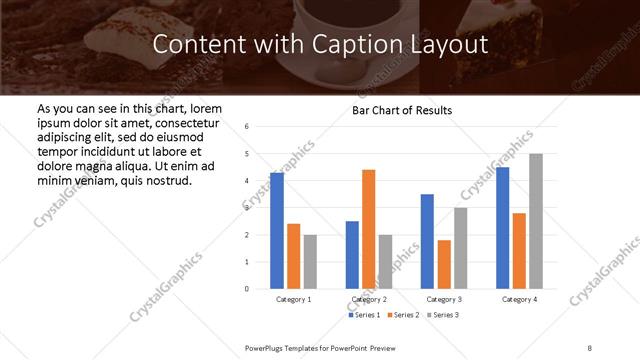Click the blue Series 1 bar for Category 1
point(277,231)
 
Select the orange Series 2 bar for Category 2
point(368,229)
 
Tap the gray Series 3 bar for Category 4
point(536,221)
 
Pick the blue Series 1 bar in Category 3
point(427,241)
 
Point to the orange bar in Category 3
point(444,264)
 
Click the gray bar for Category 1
point(310,261)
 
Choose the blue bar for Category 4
point(502,228)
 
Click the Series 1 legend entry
point(362,315)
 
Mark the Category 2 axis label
point(369,299)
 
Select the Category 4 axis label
point(519,299)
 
